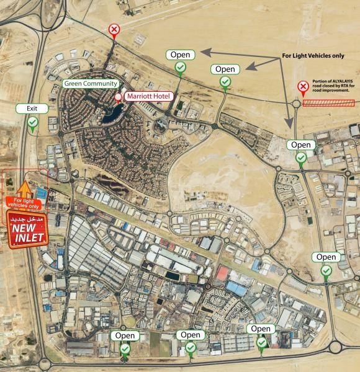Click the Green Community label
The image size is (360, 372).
click(91, 84)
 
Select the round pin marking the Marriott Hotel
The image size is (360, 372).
click(119, 97)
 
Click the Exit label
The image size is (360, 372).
click(32, 108)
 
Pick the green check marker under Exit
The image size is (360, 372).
click(32, 122)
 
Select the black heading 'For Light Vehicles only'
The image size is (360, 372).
click(313, 55)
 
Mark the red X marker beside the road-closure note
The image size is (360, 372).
click(303, 87)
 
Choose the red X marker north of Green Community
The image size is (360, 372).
click(114, 29)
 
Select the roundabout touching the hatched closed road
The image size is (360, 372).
click(296, 104)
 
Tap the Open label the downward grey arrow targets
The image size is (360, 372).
click(301, 144)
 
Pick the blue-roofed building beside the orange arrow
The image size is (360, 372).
click(42, 192)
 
